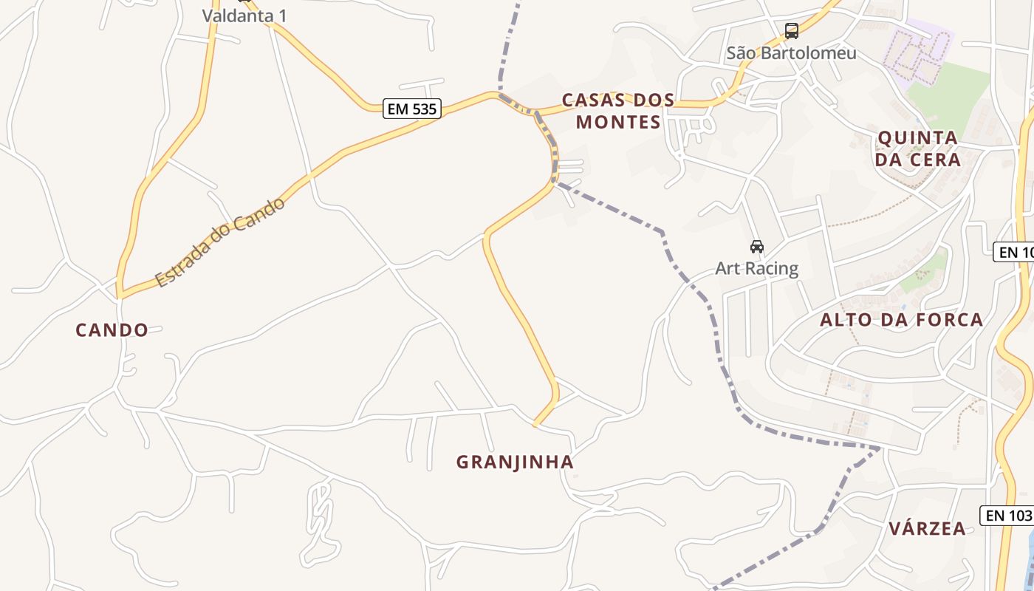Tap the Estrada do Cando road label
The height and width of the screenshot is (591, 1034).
tap(220, 242)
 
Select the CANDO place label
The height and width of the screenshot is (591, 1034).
tap(112, 329)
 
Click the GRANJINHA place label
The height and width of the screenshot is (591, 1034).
tap(515, 462)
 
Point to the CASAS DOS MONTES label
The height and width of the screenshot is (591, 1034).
tap(618, 111)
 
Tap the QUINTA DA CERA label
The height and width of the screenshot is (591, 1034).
tap(918, 148)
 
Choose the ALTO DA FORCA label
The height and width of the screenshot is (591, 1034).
tap(902, 319)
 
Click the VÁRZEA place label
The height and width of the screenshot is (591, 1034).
tap(927, 528)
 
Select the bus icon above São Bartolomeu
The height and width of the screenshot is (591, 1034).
tap(792, 31)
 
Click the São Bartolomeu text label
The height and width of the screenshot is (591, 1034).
tap(792, 52)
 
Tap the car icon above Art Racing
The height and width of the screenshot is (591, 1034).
tap(756, 247)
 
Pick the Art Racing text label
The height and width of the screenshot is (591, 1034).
tap(756, 267)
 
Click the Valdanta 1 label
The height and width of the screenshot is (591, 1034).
tap(244, 15)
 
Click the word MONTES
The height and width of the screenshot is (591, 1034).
tap(618, 122)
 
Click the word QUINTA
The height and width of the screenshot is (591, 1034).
tap(918, 137)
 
